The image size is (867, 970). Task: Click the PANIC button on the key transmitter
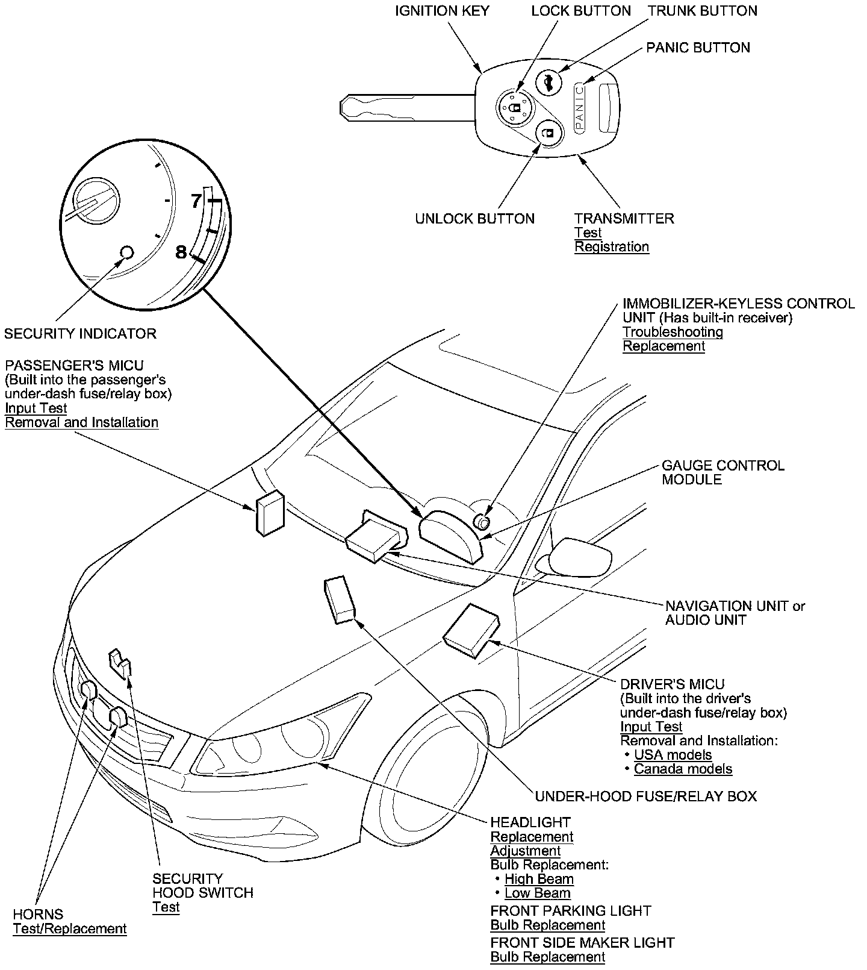pos(579,107)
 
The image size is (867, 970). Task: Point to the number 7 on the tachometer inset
pos(196,201)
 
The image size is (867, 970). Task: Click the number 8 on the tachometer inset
pos(181,252)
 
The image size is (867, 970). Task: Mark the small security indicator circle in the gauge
pos(126,251)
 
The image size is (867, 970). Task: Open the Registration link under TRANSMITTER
pos(612,247)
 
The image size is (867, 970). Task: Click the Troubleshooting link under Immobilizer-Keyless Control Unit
pos(673,332)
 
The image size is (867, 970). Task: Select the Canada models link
pos(683,769)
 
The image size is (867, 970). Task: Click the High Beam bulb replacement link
pos(539,879)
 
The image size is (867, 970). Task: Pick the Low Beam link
pos(538,893)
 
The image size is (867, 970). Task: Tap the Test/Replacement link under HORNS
pos(70,929)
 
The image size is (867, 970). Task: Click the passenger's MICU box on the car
pos(270,512)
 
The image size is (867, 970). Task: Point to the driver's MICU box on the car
pos(472,630)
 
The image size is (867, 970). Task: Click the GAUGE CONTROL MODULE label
pos(723,472)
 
